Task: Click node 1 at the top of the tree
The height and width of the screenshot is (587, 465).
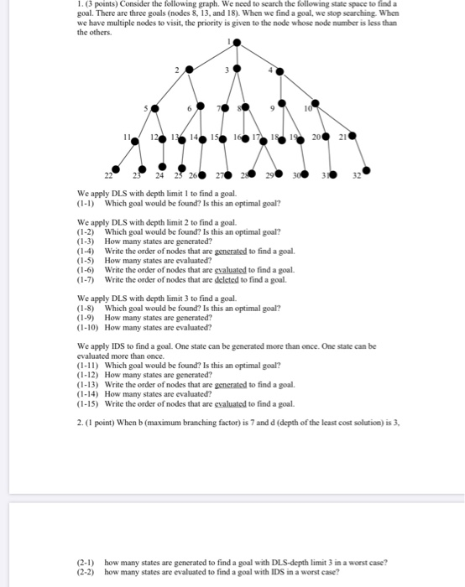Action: tap(238, 43)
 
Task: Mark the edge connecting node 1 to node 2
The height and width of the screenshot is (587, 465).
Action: tap(214, 57)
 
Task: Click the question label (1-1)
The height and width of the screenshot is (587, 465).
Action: tap(87, 204)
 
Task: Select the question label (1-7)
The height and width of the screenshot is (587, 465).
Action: tap(87, 279)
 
